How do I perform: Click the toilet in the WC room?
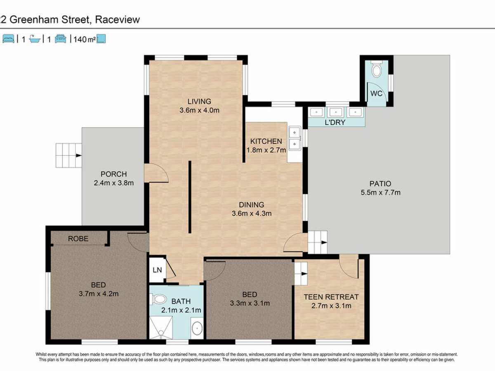click(x=376, y=69)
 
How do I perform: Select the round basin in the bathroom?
click(x=197, y=328)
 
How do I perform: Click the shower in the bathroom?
click(x=161, y=327)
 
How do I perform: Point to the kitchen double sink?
click(x=295, y=138)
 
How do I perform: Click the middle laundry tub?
click(x=335, y=112)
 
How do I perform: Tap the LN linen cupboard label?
click(x=157, y=270)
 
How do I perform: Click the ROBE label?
click(x=78, y=239)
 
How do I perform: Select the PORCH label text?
click(x=113, y=174)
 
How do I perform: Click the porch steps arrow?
click(x=78, y=155)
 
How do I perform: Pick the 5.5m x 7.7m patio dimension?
click(x=380, y=193)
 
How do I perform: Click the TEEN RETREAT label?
click(x=331, y=297)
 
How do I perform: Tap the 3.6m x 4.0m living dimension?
click(x=199, y=110)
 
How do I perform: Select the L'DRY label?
click(x=335, y=122)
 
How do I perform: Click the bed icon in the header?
click(x=8, y=39)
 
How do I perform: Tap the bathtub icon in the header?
click(x=35, y=39)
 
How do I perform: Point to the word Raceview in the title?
click(x=117, y=20)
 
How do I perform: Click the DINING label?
click(x=252, y=205)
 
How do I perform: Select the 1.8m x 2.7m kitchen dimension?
click(x=266, y=150)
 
